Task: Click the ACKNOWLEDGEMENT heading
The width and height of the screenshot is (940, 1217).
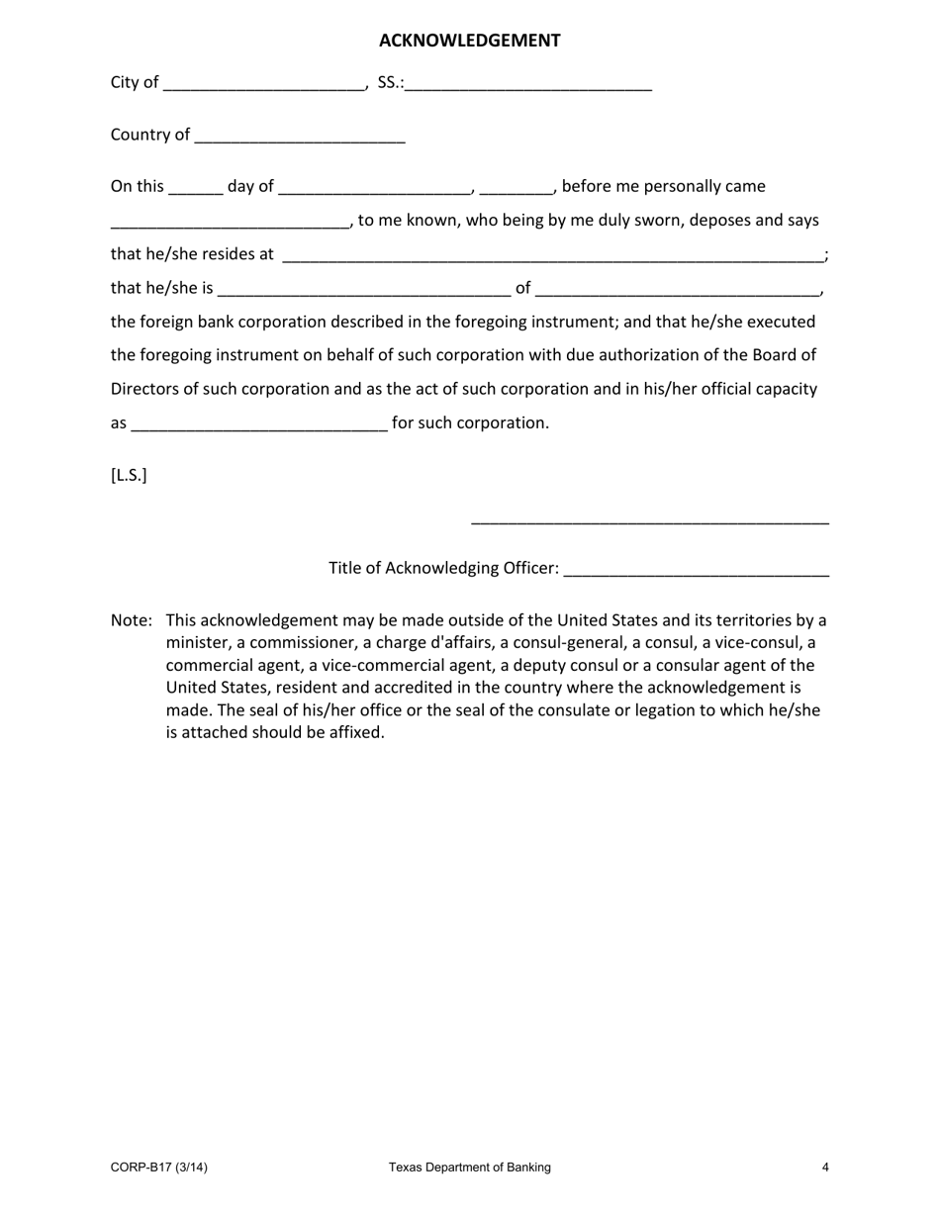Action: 469,41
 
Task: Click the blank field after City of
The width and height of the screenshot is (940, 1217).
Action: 263,85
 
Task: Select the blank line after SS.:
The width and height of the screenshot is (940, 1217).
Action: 527,85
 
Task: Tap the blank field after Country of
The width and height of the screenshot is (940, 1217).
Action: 300,138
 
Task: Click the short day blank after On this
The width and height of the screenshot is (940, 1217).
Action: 196,189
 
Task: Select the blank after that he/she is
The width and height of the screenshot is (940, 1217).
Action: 363,291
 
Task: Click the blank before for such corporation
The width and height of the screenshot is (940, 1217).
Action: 258,425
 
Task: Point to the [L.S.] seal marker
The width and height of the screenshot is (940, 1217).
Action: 129,475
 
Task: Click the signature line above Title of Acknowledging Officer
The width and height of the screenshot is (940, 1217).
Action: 649,521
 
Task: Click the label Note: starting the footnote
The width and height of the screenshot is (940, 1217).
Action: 132,620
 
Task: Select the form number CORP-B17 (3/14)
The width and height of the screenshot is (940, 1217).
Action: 159,1168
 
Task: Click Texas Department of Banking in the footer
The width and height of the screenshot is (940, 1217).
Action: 469,1168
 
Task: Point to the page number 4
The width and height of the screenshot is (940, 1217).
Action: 825,1168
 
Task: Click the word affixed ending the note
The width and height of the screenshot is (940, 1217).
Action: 355,733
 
